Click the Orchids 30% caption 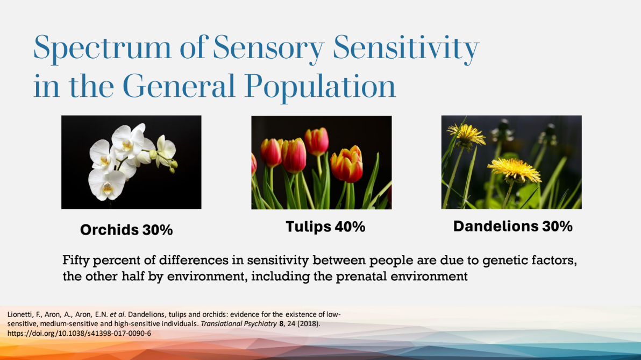(x=126, y=230)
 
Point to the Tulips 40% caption (x=325, y=227)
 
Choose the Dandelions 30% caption (x=512, y=227)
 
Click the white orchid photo (x=131, y=162)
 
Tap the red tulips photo (x=321, y=162)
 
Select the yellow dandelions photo (x=511, y=162)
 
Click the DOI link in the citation (x=79, y=333)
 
